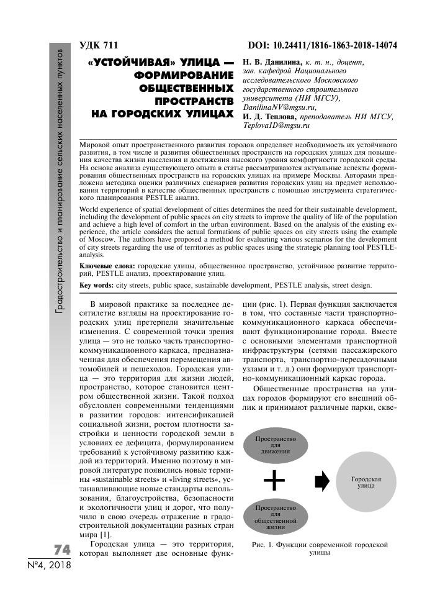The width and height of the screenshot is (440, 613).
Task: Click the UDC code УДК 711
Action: point(99,46)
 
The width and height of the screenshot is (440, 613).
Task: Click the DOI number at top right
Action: point(322,46)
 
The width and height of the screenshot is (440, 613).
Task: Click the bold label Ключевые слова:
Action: point(107,265)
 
